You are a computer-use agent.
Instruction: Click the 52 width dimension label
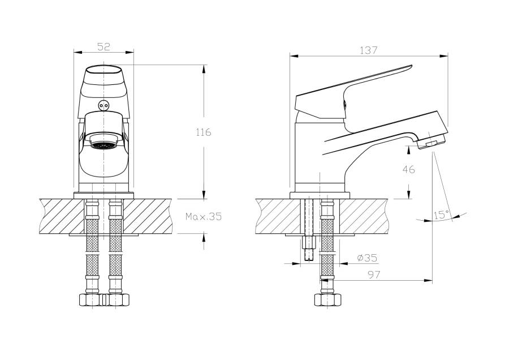103,46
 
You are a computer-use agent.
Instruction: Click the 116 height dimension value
203,132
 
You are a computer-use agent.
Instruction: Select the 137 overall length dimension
369,50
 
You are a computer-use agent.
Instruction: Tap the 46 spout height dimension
408,169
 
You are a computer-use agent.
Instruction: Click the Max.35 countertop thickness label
204,216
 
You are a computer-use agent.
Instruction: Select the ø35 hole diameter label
367,258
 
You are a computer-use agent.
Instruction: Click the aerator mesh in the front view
103,145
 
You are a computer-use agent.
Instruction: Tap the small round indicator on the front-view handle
103,105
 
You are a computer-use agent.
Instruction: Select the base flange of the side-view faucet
320,195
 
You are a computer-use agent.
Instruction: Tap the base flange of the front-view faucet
103,195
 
